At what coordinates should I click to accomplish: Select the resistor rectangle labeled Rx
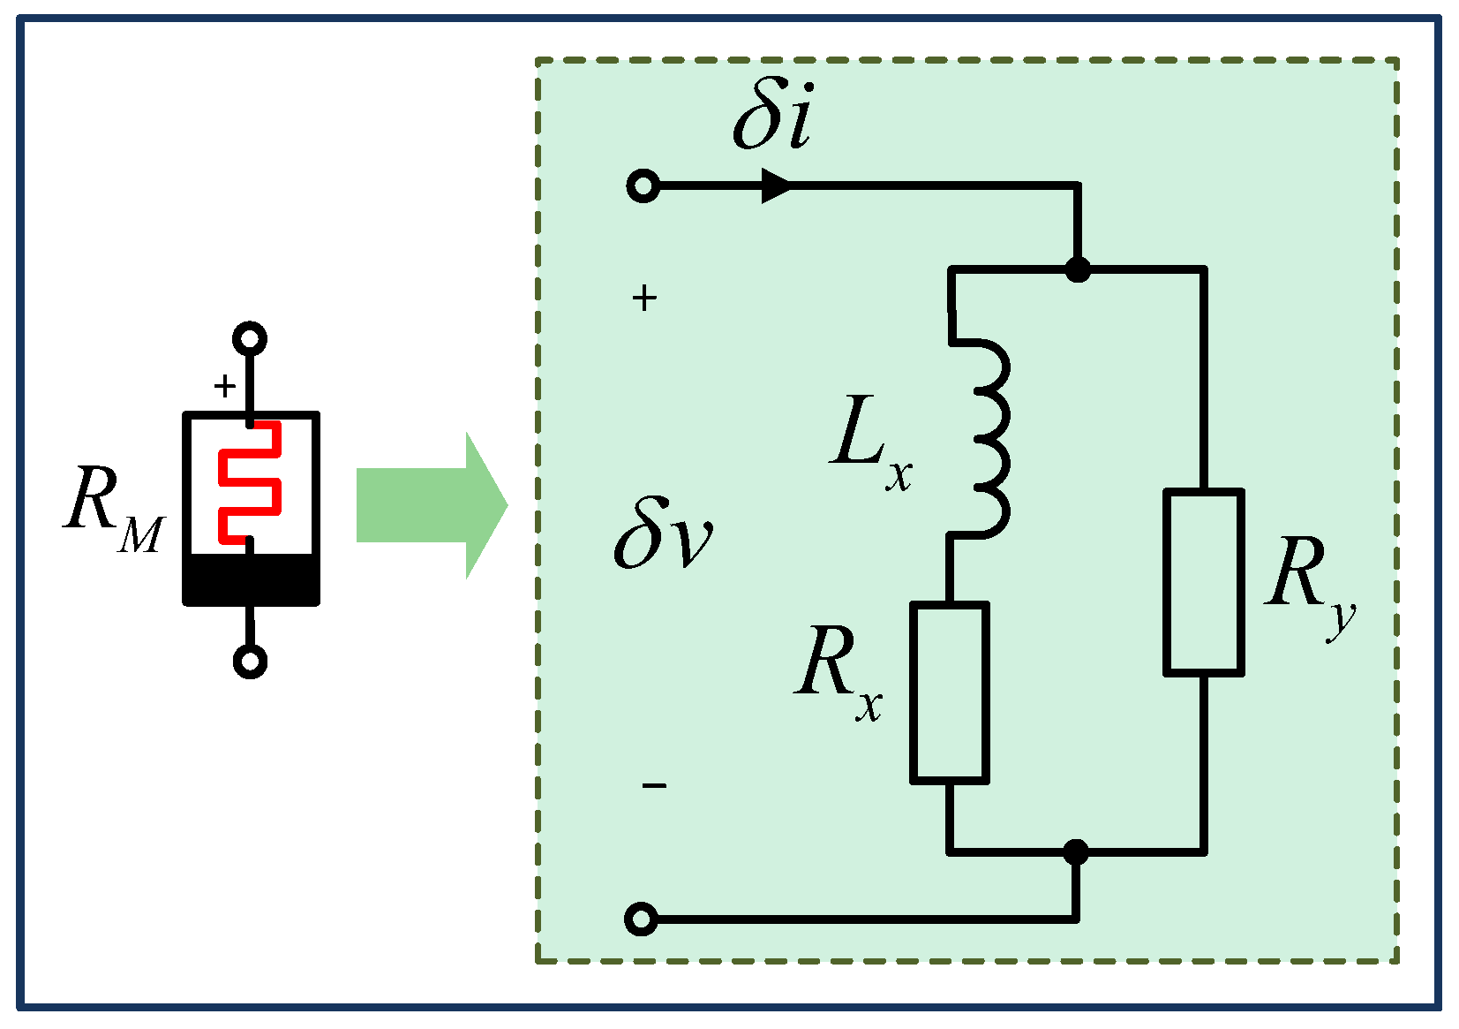click(950, 693)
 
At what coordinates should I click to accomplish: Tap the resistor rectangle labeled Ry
click(1204, 583)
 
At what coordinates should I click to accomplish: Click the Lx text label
click(869, 442)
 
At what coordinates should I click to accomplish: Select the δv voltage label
click(662, 533)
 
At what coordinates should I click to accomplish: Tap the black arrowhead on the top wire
click(777, 186)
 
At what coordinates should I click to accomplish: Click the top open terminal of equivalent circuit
click(643, 186)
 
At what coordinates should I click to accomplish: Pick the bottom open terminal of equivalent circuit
click(642, 919)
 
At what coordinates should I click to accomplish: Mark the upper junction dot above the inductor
click(1077, 269)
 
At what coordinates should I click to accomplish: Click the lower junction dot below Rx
click(1075, 852)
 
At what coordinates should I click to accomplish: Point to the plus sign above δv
click(644, 299)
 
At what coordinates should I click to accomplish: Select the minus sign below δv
click(654, 785)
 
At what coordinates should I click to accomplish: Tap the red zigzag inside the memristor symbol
click(250, 481)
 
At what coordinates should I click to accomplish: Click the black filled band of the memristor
click(251, 579)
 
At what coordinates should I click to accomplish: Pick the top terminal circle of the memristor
click(250, 338)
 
